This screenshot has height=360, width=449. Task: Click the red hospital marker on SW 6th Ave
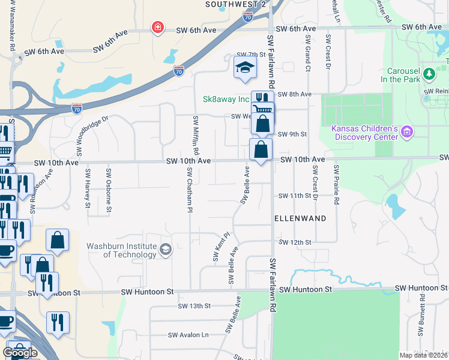(157, 28)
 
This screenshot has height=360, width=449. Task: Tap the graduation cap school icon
(244, 68)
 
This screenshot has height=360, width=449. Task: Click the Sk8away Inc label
(226, 99)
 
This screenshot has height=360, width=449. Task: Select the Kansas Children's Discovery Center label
(365, 133)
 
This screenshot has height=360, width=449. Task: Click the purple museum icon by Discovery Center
(407, 131)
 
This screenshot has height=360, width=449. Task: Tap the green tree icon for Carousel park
(429, 74)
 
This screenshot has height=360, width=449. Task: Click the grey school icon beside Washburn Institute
(166, 249)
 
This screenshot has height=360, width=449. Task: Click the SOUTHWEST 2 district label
(235, 4)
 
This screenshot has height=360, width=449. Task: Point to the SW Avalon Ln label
(188, 335)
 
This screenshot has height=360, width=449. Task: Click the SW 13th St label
(194, 306)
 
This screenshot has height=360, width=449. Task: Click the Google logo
(20, 352)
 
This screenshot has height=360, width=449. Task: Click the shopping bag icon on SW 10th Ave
(261, 149)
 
